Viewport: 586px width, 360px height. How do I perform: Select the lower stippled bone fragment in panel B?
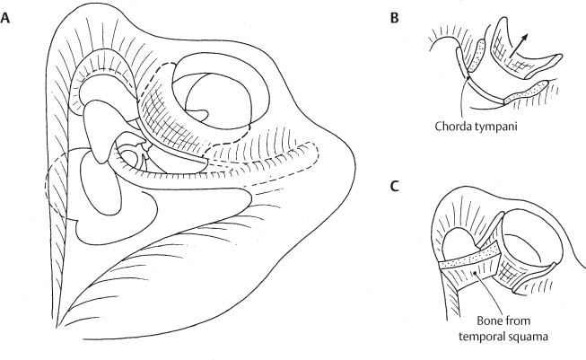click(x=524, y=92)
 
